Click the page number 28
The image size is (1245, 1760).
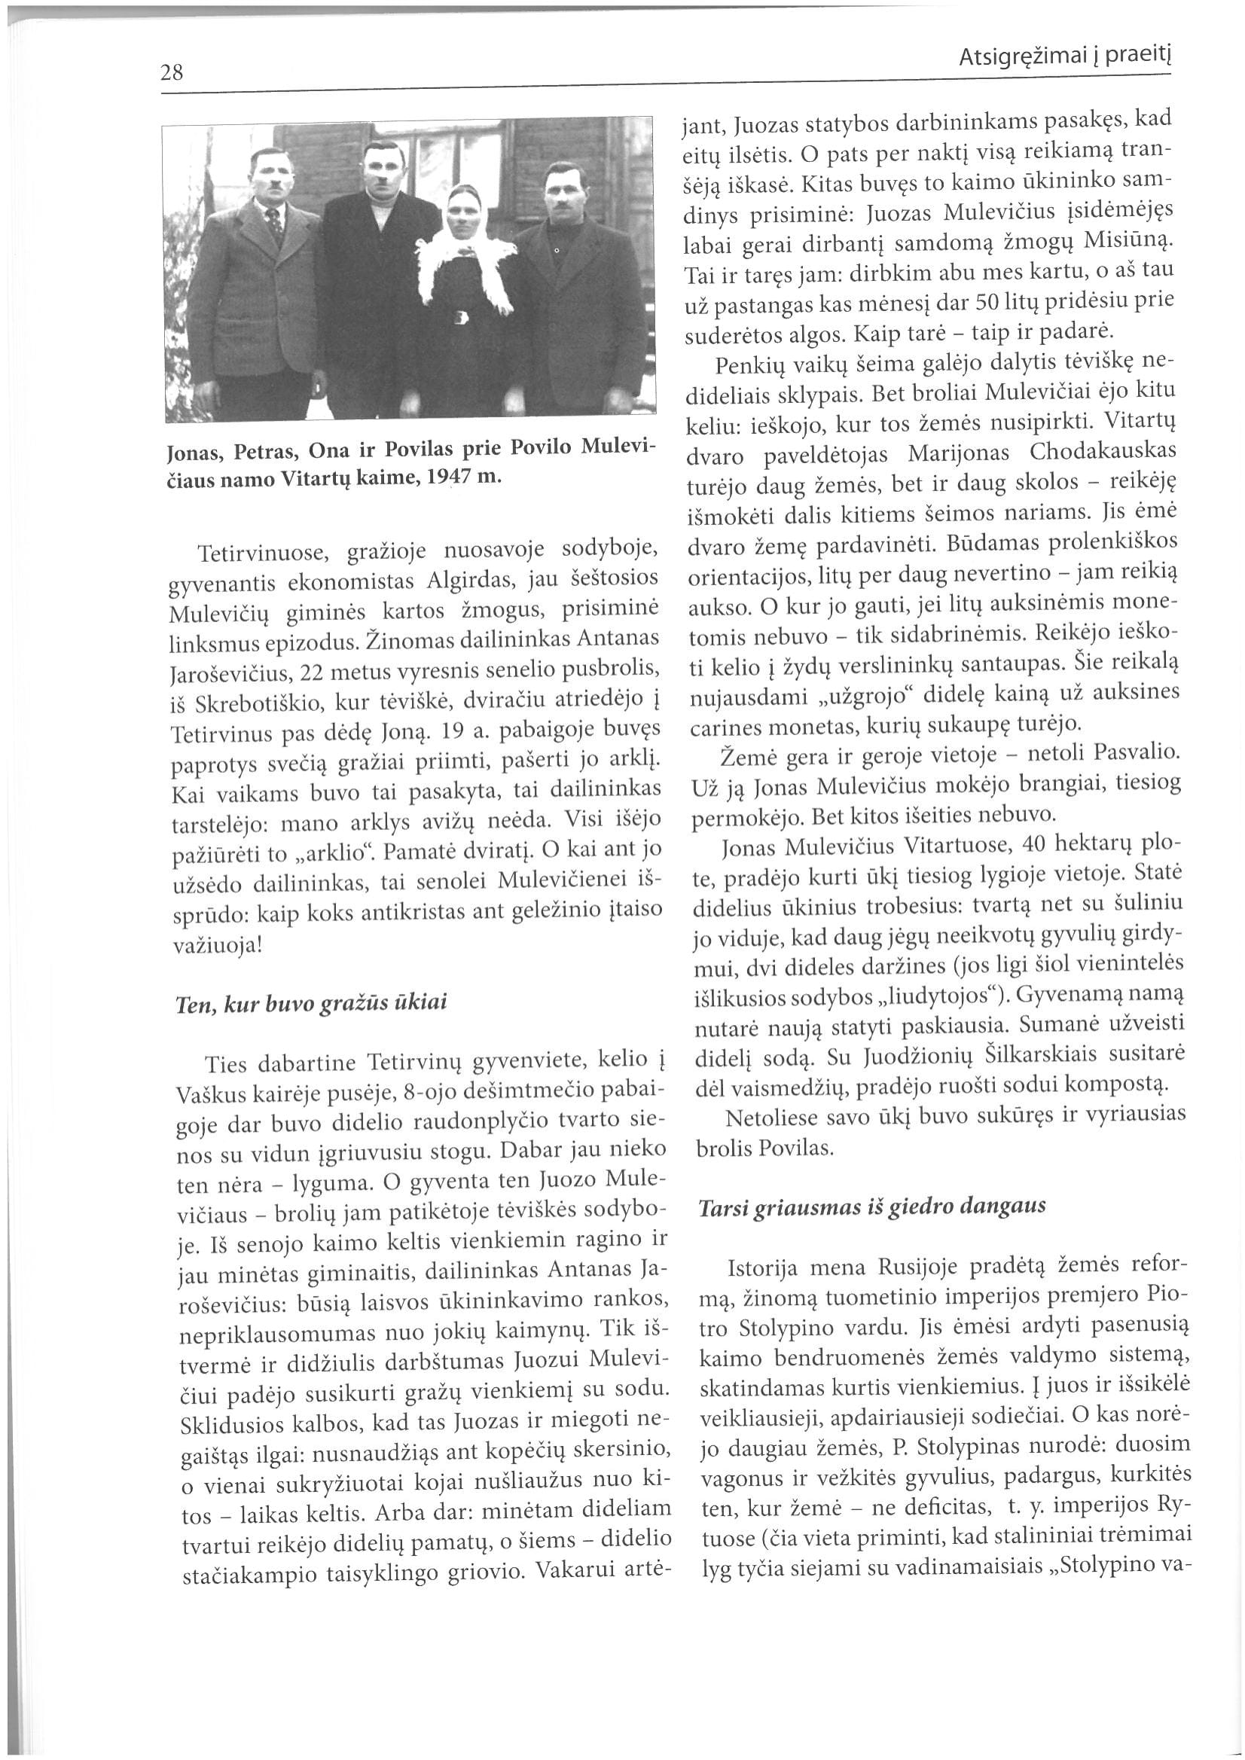[x=172, y=73]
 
